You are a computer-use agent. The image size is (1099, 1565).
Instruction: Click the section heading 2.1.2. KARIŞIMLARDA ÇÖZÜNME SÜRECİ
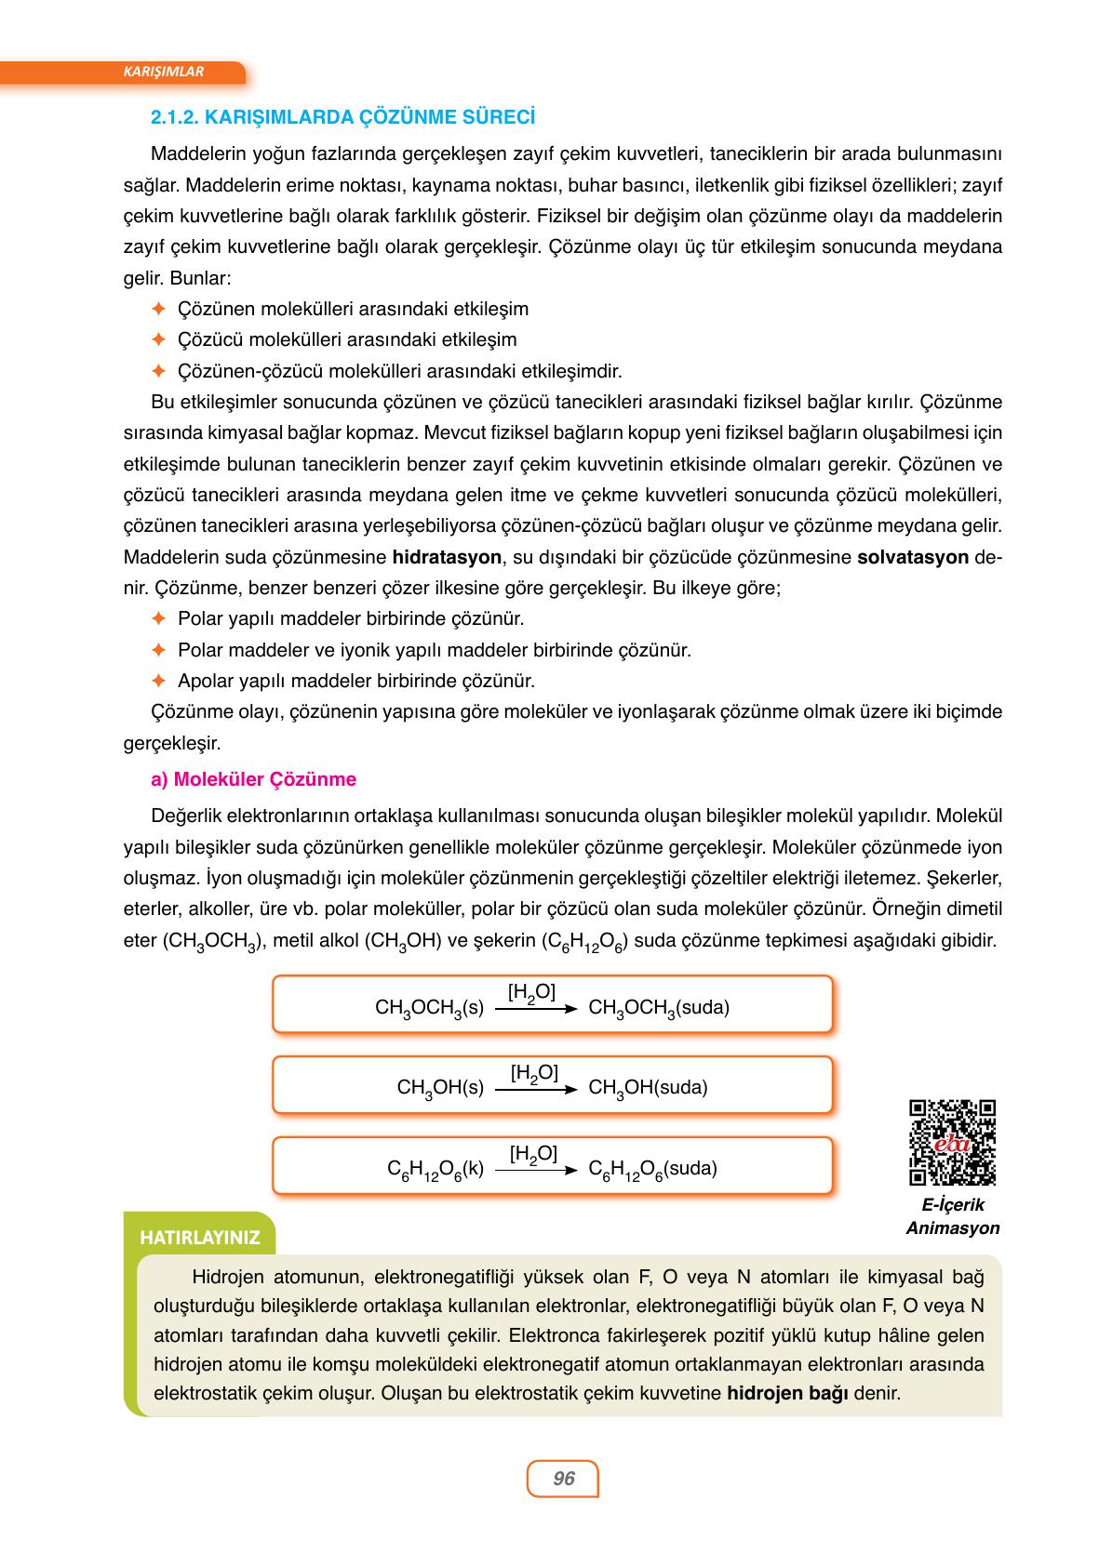(342, 118)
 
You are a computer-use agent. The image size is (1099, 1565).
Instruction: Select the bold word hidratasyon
(448, 558)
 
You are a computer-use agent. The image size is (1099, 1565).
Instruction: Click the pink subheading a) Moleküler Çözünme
(253, 779)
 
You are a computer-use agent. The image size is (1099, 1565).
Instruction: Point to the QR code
(952, 1142)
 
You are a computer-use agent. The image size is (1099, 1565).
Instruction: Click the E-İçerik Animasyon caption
(952, 1216)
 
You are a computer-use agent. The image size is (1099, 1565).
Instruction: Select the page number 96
(563, 1478)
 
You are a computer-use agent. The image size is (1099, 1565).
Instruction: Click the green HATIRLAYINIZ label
(199, 1238)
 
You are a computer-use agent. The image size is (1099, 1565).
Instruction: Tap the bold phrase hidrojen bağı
(787, 1394)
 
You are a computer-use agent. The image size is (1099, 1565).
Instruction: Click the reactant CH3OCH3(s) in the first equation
(429, 1008)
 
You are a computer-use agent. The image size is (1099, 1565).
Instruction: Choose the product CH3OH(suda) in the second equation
(648, 1088)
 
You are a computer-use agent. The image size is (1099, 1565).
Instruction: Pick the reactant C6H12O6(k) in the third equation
(436, 1170)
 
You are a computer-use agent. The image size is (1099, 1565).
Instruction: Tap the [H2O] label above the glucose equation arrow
(533, 1154)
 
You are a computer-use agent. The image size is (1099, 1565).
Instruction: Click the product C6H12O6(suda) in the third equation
(652, 1170)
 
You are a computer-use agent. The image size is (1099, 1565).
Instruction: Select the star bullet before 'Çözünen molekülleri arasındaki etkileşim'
(157, 309)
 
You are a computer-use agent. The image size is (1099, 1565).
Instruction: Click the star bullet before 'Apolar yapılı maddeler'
(157, 681)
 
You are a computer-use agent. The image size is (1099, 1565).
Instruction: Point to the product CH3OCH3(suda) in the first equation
(659, 1008)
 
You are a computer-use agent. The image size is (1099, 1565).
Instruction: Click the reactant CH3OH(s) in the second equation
(440, 1088)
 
